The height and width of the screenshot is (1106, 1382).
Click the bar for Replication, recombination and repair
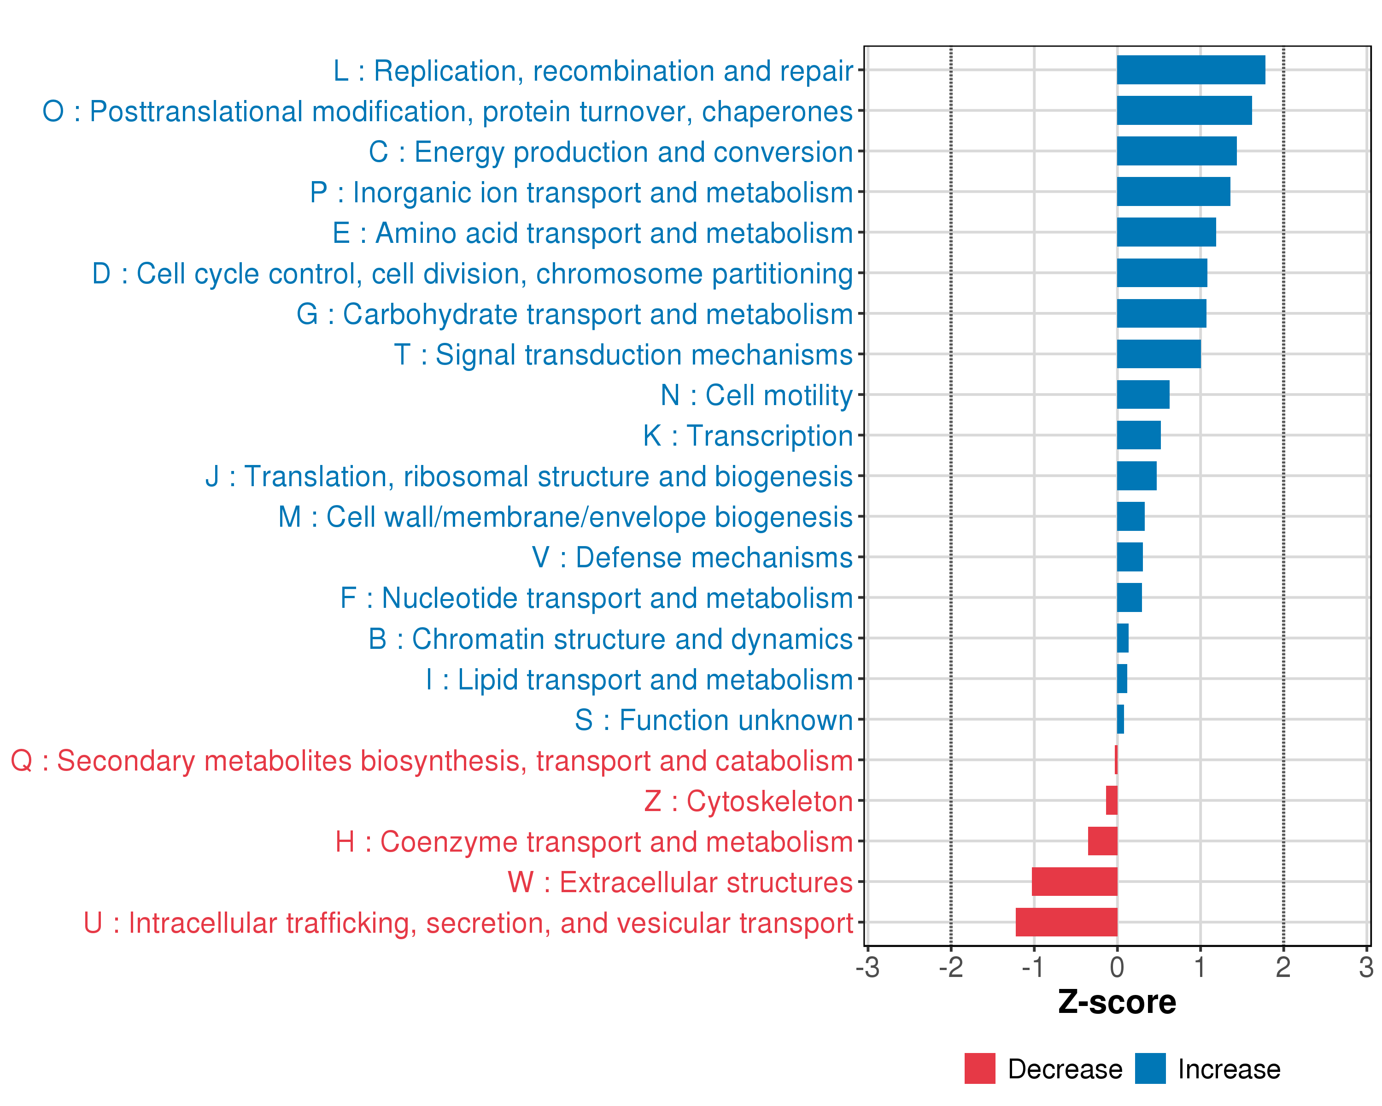[1190, 70]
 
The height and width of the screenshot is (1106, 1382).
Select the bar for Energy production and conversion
[1176, 151]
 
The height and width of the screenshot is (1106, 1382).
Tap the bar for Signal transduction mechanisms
[1158, 354]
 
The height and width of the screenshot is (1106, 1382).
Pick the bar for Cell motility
[1143, 394]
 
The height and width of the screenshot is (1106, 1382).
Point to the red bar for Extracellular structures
[1074, 882]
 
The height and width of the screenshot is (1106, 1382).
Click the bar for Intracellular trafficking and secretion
[1066, 922]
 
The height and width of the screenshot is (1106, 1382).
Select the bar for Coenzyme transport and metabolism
[1102, 841]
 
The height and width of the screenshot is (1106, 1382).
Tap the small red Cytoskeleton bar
[1112, 800]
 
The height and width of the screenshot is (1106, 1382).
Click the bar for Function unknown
[1120, 719]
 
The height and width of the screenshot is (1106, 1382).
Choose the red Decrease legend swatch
[979, 1069]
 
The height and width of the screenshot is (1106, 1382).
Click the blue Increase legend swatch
[1150, 1069]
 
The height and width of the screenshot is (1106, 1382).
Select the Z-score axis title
[1117, 1002]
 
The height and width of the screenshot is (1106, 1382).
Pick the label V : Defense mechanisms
[692, 558]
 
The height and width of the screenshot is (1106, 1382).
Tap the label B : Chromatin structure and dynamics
[610, 639]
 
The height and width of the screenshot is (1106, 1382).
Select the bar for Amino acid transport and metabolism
[1166, 232]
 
